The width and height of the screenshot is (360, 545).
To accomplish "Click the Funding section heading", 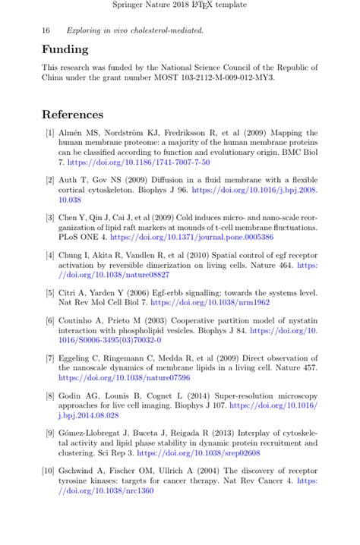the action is [x=65, y=49].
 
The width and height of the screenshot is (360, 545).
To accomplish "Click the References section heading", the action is [x=72, y=115].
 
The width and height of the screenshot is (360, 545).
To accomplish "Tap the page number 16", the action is [x=46, y=30].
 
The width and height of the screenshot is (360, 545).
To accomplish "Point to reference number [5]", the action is [x=49, y=292].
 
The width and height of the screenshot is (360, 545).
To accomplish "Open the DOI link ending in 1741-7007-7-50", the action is [x=138, y=162].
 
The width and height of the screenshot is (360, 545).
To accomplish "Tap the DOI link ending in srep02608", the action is [x=198, y=452].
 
